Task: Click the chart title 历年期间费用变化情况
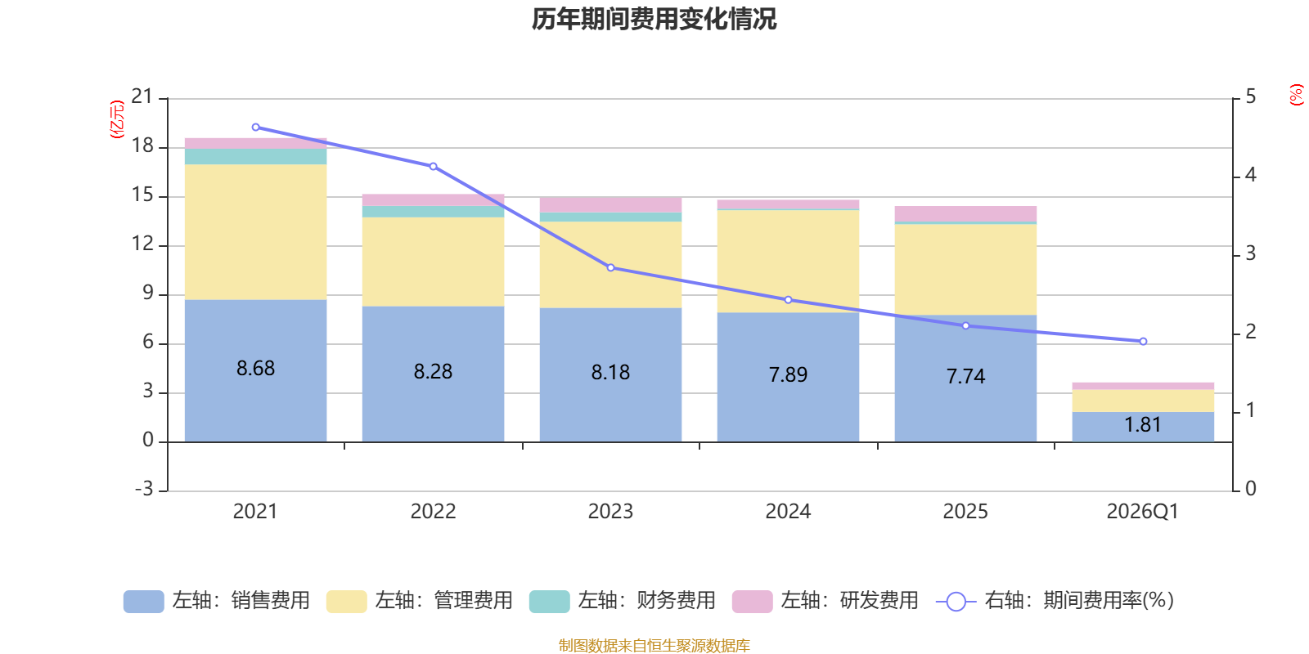[654, 19]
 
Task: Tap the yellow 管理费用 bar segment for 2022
[433, 262]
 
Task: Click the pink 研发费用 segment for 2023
[610, 204]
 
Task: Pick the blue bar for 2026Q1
[1143, 427]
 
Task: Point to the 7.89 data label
[788, 374]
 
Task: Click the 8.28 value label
[433, 371]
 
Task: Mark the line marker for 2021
[255, 127]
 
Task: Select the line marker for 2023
[610, 267]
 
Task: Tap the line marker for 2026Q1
[1143, 341]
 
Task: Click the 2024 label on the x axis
[788, 511]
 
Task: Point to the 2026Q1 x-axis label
[1143, 511]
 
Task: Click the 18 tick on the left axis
[142, 146]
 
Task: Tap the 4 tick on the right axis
[1250, 175]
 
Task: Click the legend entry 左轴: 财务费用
[623, 601]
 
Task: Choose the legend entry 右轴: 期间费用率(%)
[1055, 601]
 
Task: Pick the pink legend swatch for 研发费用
[752, 602]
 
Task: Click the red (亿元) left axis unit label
[117, 119]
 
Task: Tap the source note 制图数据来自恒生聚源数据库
[654, 646]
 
